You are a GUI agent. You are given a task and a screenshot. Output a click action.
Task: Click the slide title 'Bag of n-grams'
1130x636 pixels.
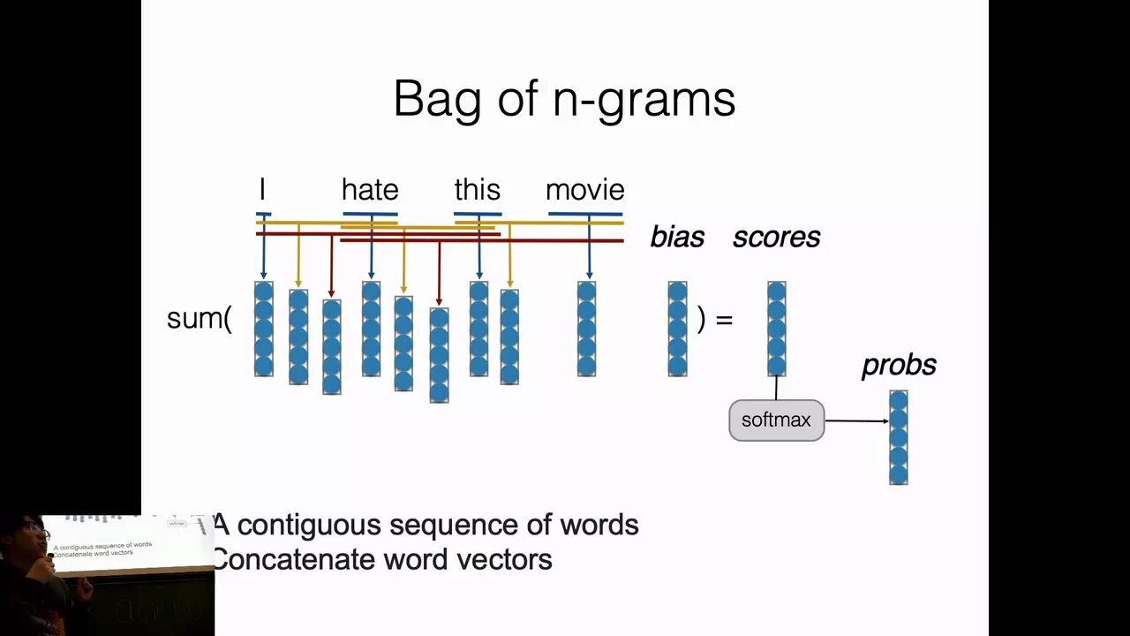564,98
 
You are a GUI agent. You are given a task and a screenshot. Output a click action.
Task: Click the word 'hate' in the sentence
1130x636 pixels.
370,190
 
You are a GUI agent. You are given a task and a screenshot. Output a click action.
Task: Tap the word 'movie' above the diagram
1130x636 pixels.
584,190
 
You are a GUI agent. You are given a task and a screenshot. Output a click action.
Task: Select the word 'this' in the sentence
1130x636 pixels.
477,190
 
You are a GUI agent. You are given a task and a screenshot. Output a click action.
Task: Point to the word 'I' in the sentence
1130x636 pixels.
262,190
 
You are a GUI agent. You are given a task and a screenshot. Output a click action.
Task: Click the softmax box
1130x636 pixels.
776,420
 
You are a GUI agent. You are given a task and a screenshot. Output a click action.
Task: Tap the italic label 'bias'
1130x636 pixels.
677,237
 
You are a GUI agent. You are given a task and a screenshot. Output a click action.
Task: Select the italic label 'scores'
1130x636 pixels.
776,237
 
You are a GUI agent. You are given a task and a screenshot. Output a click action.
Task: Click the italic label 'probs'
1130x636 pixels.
899,366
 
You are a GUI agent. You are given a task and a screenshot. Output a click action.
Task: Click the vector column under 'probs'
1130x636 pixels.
899,437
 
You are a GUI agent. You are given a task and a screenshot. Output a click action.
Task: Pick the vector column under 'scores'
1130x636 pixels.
776,329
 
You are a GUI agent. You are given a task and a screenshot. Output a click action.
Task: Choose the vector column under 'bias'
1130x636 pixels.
677,329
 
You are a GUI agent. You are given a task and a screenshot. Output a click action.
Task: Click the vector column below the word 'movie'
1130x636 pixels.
586,329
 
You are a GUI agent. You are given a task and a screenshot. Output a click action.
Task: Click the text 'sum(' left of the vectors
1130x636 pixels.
199,318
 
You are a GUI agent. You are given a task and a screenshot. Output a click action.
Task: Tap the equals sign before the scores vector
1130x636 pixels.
724,319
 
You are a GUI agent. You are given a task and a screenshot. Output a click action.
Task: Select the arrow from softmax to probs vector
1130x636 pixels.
856,420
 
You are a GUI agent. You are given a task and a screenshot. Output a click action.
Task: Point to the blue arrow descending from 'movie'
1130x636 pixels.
589,252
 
